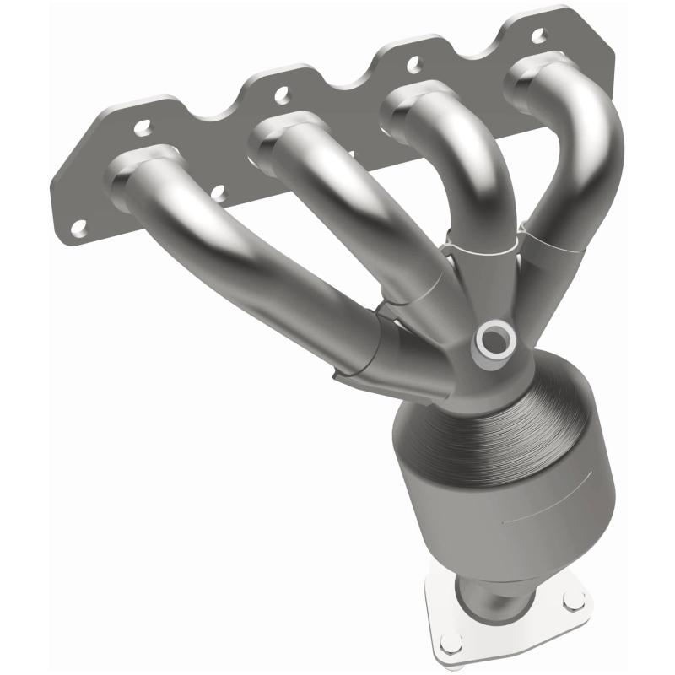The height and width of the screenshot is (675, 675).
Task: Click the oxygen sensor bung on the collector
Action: pyautogui.click(x=491, y=340)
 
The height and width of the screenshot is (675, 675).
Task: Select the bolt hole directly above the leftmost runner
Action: pyautogui.click(x=142, y=128)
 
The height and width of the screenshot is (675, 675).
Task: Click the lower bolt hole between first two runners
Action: pyautogui.click(x=217, y=194)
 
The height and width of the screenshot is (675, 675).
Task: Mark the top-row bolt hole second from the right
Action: pyautogui.click(x=413, y=62)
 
